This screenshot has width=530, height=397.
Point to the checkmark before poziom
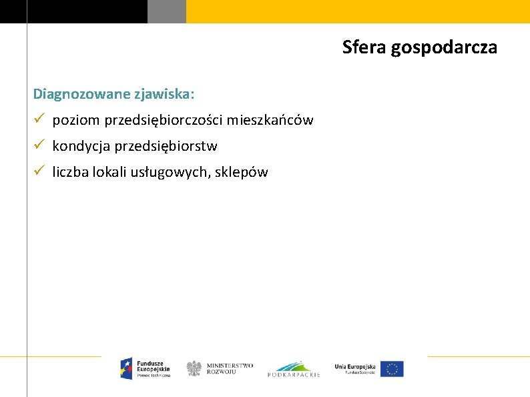(x=39, y=119)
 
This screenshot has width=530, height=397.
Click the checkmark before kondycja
(x=39, y=145)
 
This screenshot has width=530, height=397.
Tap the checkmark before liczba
(x=39, y=171)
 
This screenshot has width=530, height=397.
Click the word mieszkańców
(x=270, y=120)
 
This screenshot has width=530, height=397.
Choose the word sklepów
(x=242, y=172)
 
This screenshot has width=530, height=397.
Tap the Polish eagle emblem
(x=194, y=368)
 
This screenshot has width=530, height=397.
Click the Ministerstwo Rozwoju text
(x=230, y=368)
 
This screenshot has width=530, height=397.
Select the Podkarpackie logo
(x=294, y=368)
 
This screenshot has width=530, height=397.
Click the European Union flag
(x=392, y=368)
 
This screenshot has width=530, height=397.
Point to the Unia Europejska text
(x=355, y=367)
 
